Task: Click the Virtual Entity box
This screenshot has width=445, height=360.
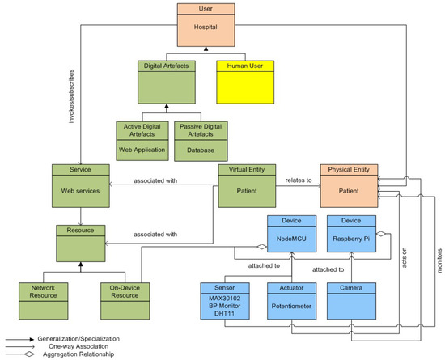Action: [x=247, y=185]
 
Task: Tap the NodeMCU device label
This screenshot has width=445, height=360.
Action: [x=289, y=240]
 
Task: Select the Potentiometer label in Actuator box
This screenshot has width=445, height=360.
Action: [x=289, y=308]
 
